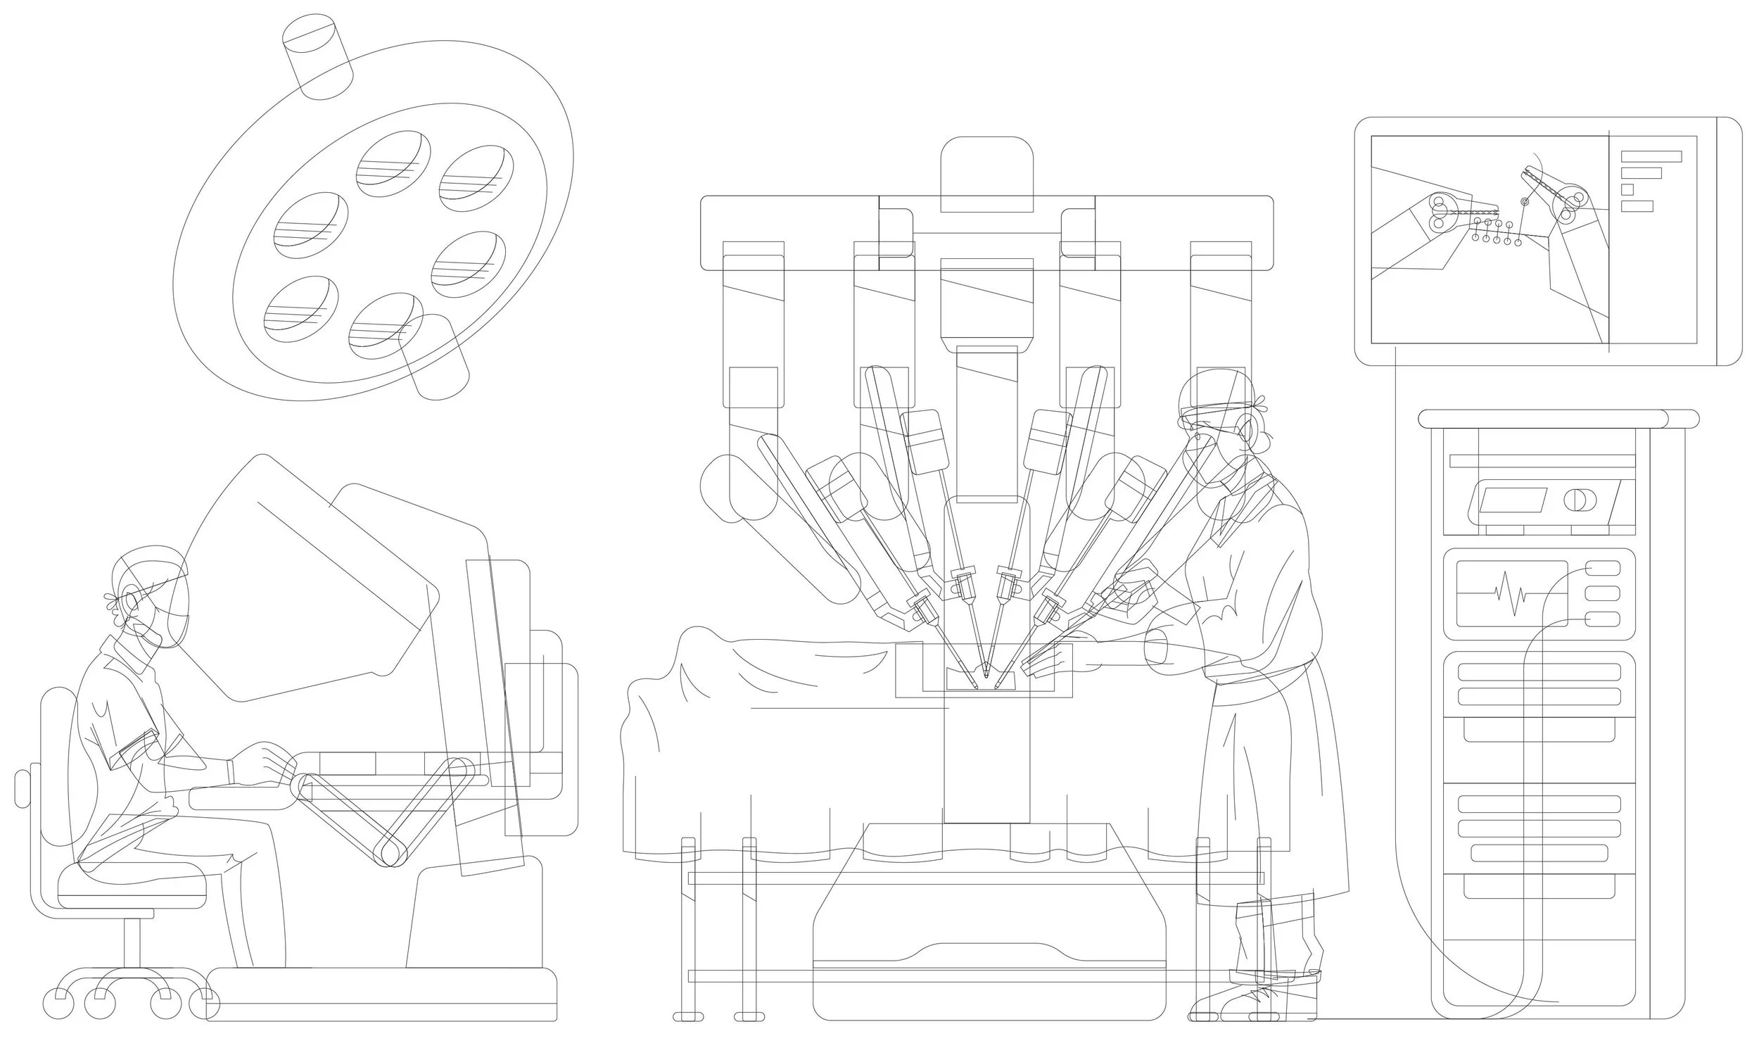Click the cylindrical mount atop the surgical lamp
click(318, 56)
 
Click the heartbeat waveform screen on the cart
click(1511, 593)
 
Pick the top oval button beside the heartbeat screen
click(1603, 568)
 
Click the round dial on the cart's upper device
click(1579, 500)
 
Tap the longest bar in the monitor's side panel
click(1650, 156)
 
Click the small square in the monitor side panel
click(1627, 190)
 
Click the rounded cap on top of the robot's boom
click(986, 174)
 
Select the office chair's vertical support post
click(132, 942)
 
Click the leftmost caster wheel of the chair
click(58, 1003)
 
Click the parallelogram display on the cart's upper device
click(1512, 500)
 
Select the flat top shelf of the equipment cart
click(1556, 419)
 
